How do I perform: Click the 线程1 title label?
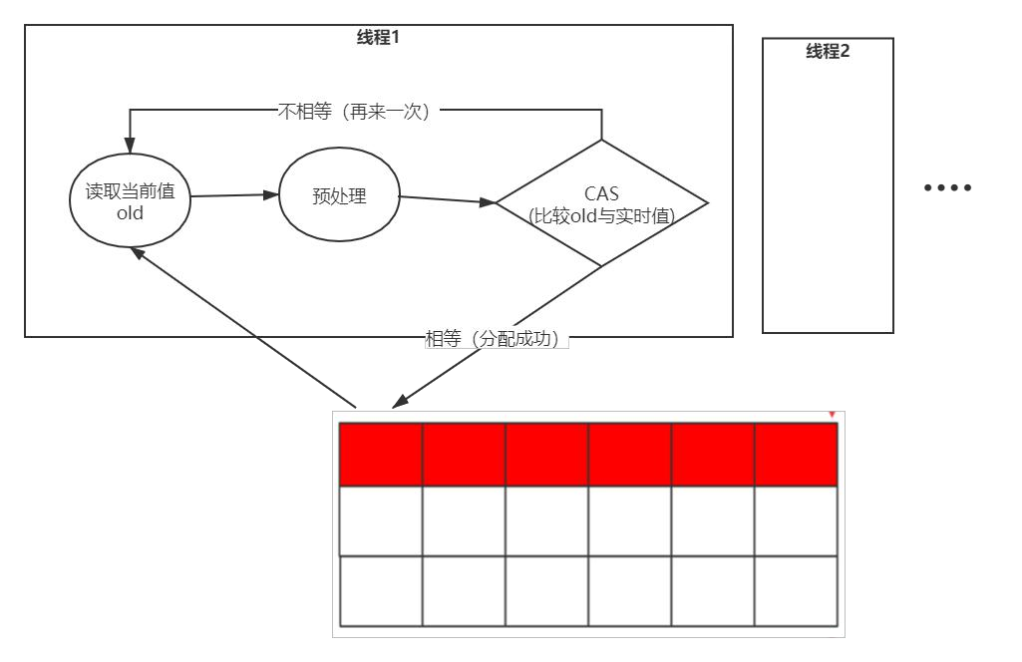[378, 37]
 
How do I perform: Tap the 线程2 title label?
[828, 51]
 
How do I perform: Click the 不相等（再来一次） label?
[354, 112]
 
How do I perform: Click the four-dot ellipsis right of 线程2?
[947, 187]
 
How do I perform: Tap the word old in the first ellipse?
[130, 213]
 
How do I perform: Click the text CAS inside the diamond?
[601, 193]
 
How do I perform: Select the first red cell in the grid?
[381, 455]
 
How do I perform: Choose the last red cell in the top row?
[796, 455]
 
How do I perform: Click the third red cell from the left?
[546, 455]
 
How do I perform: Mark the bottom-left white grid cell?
[381, 591]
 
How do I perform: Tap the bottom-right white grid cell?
[796, 591]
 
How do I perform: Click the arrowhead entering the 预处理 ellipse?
[271, 194]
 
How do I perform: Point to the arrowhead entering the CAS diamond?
[488, 202]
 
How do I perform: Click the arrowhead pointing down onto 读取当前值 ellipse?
[130, 146]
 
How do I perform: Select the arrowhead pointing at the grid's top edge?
[400, 402]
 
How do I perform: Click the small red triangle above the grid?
[832, 415]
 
